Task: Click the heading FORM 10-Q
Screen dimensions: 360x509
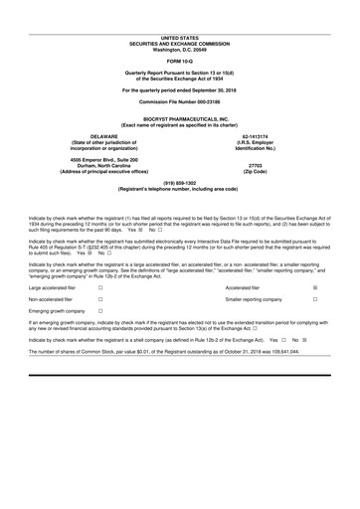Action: [x=180, y=62]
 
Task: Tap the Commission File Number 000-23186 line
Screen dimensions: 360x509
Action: [x=180, y=103]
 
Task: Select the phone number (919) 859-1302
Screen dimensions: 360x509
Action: [x=180, y=182]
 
